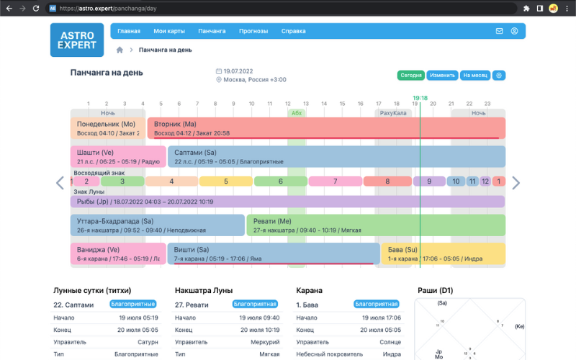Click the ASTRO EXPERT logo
point(77,40)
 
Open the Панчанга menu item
point(212,31)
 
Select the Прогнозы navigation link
point(253,31)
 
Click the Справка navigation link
point(293,31)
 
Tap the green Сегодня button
point(411,75)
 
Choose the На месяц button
point(475,75)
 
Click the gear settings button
point(499,75)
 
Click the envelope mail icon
point(500,31)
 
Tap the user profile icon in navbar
point(515,31)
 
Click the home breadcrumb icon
point(120,50)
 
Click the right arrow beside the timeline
point(516,183)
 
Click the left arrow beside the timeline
point(60,183)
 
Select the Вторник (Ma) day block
point(326,128)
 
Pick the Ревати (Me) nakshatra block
point(375,225)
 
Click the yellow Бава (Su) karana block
point(443,253)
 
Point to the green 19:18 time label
point(420,98)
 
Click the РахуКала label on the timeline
point(393,113)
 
